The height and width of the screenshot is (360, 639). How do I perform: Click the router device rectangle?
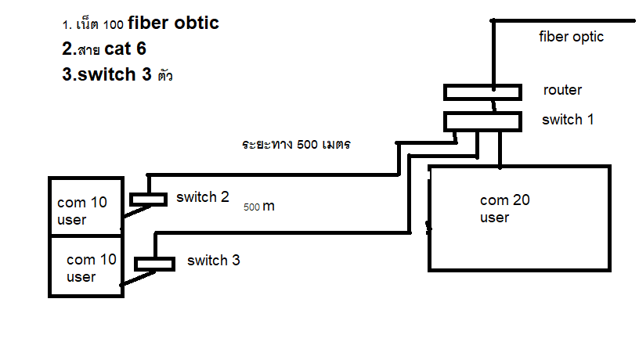[482, 92]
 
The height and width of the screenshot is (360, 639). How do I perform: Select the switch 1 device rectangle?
[482, 121]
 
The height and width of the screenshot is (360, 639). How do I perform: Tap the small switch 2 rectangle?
[148, 200]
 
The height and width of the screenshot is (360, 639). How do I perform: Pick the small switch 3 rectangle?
[154, 264]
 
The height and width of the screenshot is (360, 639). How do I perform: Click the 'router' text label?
[562, 90]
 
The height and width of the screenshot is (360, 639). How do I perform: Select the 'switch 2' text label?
[202, 197]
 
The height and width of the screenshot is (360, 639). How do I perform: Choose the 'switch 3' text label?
[213, 261]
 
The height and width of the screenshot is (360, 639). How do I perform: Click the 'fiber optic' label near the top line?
[572, 37]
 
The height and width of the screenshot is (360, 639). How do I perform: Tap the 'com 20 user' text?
[504, 208]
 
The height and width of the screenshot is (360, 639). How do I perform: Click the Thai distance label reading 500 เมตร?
[295, 145]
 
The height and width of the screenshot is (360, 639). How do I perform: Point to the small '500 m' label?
[259, 207]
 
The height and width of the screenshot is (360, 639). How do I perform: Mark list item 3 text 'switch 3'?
[106, 76]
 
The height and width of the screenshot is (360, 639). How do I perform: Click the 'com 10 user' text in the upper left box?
[82, 211]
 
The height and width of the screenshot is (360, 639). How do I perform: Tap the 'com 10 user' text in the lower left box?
[92, 268]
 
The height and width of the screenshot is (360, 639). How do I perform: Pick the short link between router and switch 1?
[493, 106]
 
